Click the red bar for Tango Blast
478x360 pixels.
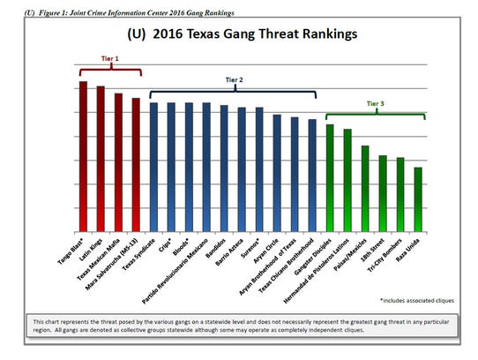click(x=83, y=154)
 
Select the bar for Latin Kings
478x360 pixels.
click(x=101, y=157)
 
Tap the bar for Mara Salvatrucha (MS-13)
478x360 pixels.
click(x=136, y=163)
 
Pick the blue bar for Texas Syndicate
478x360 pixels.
click(x=153, y=165)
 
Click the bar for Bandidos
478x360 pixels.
click(x=224, y=167)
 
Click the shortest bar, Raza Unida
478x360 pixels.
click(x=417, y=198)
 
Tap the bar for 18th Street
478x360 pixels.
click(x=382, y=192)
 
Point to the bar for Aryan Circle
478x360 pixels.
click(x=276, y=171)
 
